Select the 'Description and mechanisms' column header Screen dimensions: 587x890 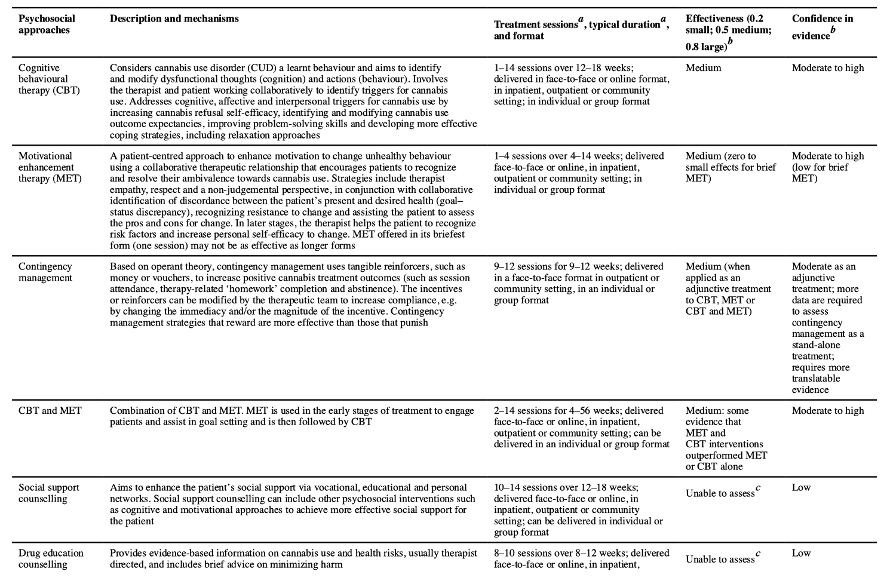(174, 19)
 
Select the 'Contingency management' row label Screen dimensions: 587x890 (45, 272)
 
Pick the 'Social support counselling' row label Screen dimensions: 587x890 (49, 493)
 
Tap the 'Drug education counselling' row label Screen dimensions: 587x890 (51, 559)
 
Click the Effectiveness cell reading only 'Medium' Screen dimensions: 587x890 (703, 68)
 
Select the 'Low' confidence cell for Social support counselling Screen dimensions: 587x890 (801, 488)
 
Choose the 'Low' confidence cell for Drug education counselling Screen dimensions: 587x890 (801, 554)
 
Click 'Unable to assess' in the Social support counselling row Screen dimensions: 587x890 (720, 494)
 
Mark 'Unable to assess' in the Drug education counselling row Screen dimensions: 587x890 (720, 560)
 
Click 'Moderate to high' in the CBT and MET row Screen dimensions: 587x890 (828, 411)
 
